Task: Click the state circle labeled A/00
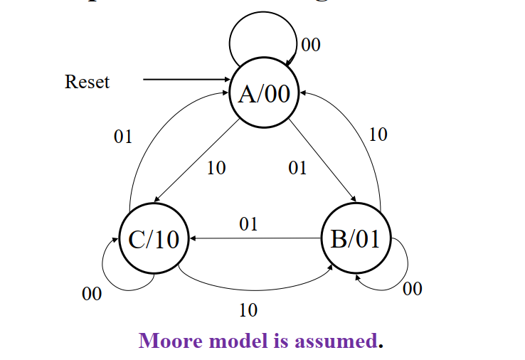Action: click(x=264, y=94)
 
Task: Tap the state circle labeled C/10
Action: click(x=154, y=240)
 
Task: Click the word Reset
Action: click(x=87, y=82)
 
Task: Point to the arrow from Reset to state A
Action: click(x=185, y=80)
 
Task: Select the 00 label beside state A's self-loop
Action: click(x=311, y=45)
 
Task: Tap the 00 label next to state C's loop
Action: click(x=92, y=294)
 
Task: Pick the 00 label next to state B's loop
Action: click(x=413, y=288)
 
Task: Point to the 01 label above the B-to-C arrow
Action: click(x=248, y=225)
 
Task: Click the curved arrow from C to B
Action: click(x=256, y=288)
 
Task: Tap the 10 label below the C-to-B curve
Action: click(x=248, y=310)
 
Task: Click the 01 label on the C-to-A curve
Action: click(x=123, y=137)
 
